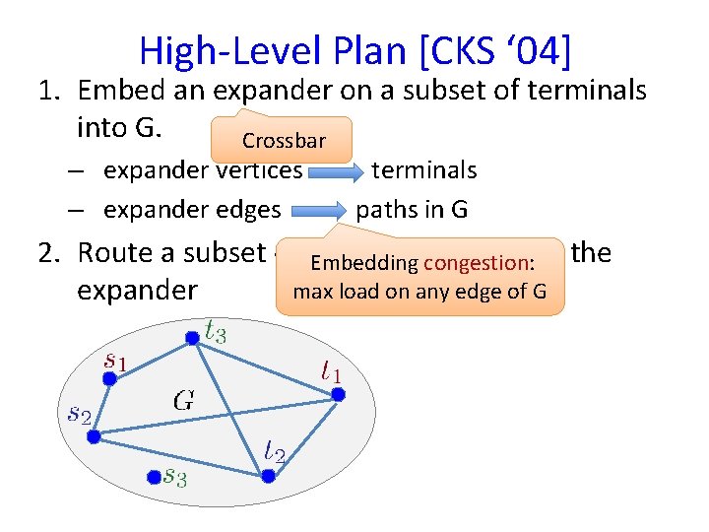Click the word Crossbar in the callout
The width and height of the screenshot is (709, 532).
283,144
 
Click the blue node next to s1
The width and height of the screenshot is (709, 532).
109,379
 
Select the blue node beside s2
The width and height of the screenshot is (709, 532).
94,436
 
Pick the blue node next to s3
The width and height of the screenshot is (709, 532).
153,477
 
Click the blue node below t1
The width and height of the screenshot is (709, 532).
337,394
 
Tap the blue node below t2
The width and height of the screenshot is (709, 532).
269,477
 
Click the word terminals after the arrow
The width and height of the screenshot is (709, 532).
423,170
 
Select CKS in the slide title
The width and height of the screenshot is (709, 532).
462,50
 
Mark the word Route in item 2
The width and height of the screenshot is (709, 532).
115,253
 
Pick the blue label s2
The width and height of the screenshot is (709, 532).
78,414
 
